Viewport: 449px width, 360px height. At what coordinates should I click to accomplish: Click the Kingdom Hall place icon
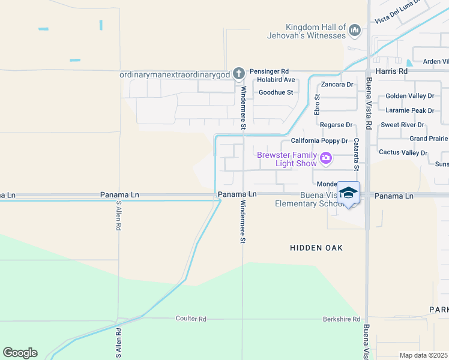coord(355,29)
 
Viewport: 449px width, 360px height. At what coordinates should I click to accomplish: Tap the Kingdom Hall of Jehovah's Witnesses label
coord(316,31)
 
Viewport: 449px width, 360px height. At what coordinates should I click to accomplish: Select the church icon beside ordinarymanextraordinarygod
coord(239,73)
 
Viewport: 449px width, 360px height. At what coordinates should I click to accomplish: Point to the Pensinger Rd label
coord(270,71)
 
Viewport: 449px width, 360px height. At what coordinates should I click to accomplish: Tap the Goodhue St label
coord(276,92)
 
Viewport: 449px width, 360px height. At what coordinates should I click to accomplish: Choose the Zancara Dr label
coord(337,85)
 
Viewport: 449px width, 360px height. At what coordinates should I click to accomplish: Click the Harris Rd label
coord(391,71)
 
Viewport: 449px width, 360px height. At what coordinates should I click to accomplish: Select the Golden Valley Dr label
coord(410,96)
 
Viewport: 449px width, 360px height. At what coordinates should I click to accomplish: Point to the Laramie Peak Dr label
coord(410,110)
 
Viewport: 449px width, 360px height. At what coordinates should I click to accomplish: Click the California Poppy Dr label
coord(319,141)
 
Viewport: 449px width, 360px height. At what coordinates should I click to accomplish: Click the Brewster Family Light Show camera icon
coord(326,158)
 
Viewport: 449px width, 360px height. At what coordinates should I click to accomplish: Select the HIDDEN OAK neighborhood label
coord(316,248)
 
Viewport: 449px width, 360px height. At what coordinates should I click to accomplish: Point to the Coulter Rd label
coord(191,319)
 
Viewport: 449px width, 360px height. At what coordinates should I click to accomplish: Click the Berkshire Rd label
coord(341,319)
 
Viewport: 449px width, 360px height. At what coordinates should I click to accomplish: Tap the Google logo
coord(20,353)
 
